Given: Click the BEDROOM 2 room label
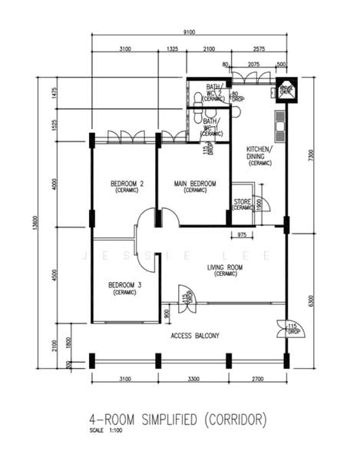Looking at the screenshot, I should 127,184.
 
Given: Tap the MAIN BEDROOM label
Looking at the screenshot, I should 195,184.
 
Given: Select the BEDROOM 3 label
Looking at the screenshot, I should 124,285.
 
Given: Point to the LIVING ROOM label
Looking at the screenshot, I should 225,268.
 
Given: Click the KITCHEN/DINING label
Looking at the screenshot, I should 259,152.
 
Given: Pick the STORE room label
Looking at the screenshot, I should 243,203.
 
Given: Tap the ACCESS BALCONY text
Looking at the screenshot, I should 195,336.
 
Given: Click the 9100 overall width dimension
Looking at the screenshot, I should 189,32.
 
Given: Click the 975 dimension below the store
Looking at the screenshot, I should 242,234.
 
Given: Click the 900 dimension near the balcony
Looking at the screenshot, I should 167,313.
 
